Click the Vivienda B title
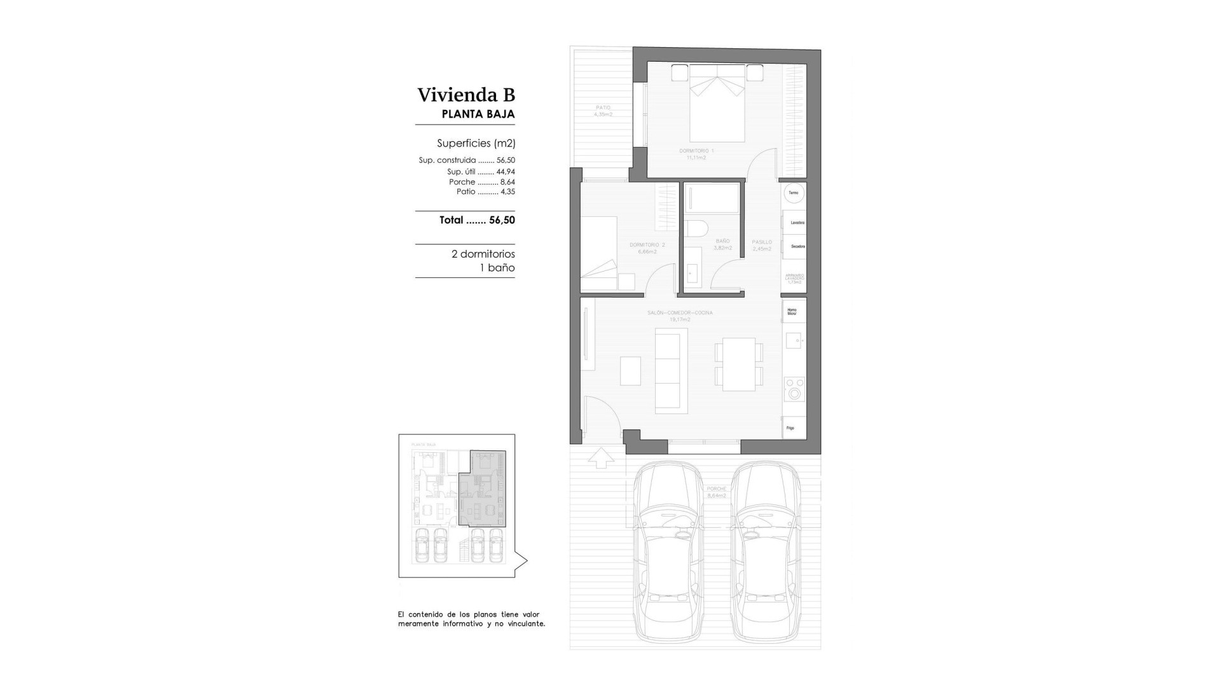[466, 95]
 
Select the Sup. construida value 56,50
[506, 160]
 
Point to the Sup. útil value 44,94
[506, 172]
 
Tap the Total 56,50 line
[477, 220]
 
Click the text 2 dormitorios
[483, 254]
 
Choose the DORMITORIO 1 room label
[696, 151]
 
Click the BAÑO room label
[722, 242]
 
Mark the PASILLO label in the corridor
[761, 242]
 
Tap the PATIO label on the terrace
[603, 108]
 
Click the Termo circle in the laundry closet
[794, 193]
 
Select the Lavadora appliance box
[795, 223]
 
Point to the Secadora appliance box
[795, 246]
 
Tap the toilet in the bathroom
[695, 229]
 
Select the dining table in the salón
[738, 364]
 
